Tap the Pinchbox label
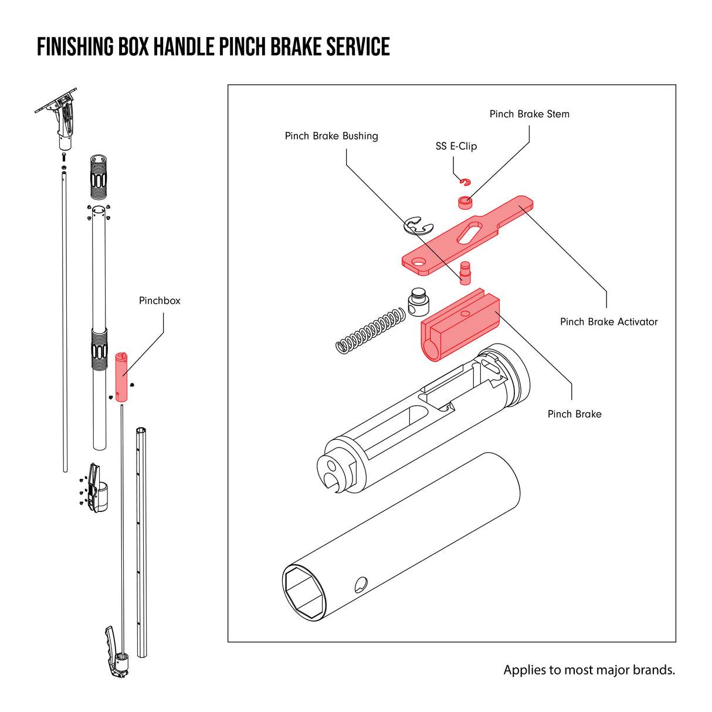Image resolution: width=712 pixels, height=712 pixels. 160,301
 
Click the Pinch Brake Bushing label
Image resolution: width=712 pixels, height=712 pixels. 331,136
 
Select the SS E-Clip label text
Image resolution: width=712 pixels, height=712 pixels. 456,147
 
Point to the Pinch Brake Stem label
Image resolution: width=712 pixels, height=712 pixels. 529,114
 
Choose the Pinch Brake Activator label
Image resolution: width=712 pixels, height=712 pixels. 609,322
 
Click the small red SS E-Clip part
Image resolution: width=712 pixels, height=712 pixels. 465,181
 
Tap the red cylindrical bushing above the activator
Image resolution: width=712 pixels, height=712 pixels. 465,202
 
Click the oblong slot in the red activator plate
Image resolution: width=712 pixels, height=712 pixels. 472,232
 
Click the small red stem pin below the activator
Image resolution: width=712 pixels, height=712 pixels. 466,272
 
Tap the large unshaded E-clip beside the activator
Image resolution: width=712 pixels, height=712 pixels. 418,226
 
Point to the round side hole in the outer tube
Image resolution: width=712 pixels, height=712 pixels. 361,584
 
